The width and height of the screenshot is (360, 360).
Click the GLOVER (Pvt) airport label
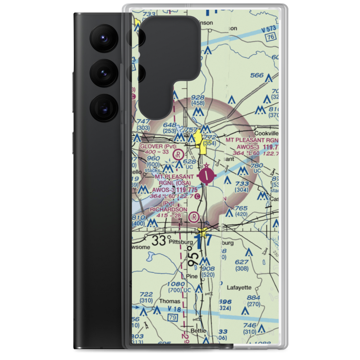coord(158,146)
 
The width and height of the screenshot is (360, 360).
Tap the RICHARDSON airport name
coord(169,209)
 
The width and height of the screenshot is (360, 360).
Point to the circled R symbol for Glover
coord(177,155)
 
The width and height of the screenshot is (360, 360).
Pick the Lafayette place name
coord(239,287)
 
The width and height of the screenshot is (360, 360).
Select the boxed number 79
coord(173,318)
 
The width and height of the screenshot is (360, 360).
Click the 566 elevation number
coord(257,75)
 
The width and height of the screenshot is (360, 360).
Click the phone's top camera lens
coord(103,37)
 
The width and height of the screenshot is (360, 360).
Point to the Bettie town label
coord(199,330)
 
